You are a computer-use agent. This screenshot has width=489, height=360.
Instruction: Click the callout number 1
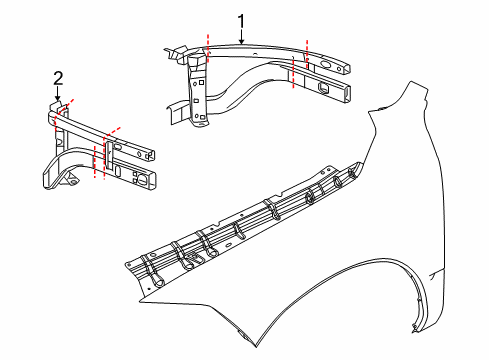point(241,19)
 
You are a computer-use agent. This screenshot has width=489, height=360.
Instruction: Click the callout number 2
point(58,78)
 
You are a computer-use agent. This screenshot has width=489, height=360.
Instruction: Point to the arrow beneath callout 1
point(241,37)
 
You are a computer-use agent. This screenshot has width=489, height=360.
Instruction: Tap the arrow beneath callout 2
point(58,98)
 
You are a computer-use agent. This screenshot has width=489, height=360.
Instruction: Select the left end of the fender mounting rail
point(127,267)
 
